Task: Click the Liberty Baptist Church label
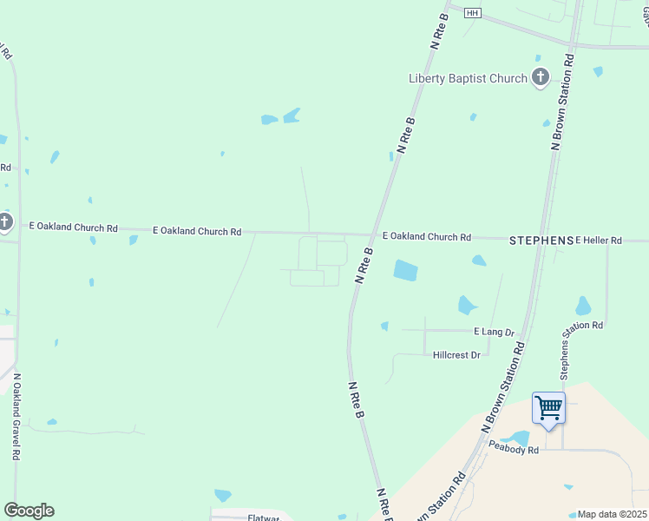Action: click(x=468, y=79)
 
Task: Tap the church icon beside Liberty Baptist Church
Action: click(x=541, y=77)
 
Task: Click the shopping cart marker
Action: click(x=548, y=407)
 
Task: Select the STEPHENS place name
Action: click(x=541, y=240)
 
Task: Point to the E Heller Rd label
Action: click(x=600, y=240)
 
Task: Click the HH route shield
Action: click(x=472, y=13)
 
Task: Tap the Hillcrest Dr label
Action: click(x=456, y=355)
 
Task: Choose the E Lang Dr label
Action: click(x=495, y=333)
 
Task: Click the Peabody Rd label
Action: click(x=514, y=450)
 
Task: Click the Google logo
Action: click(x=29, y=511)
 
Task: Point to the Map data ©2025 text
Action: click(x=612, y=514)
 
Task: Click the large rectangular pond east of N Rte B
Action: click(x=405, y=270)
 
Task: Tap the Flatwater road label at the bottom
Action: click(x=263, y=518)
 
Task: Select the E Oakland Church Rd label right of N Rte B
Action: click(x=426, y=237)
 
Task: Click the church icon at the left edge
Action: click(x=4, y=222)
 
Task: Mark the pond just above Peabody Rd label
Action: click(x=519, y=437)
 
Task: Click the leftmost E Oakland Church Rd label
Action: click(x=73, y=228)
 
